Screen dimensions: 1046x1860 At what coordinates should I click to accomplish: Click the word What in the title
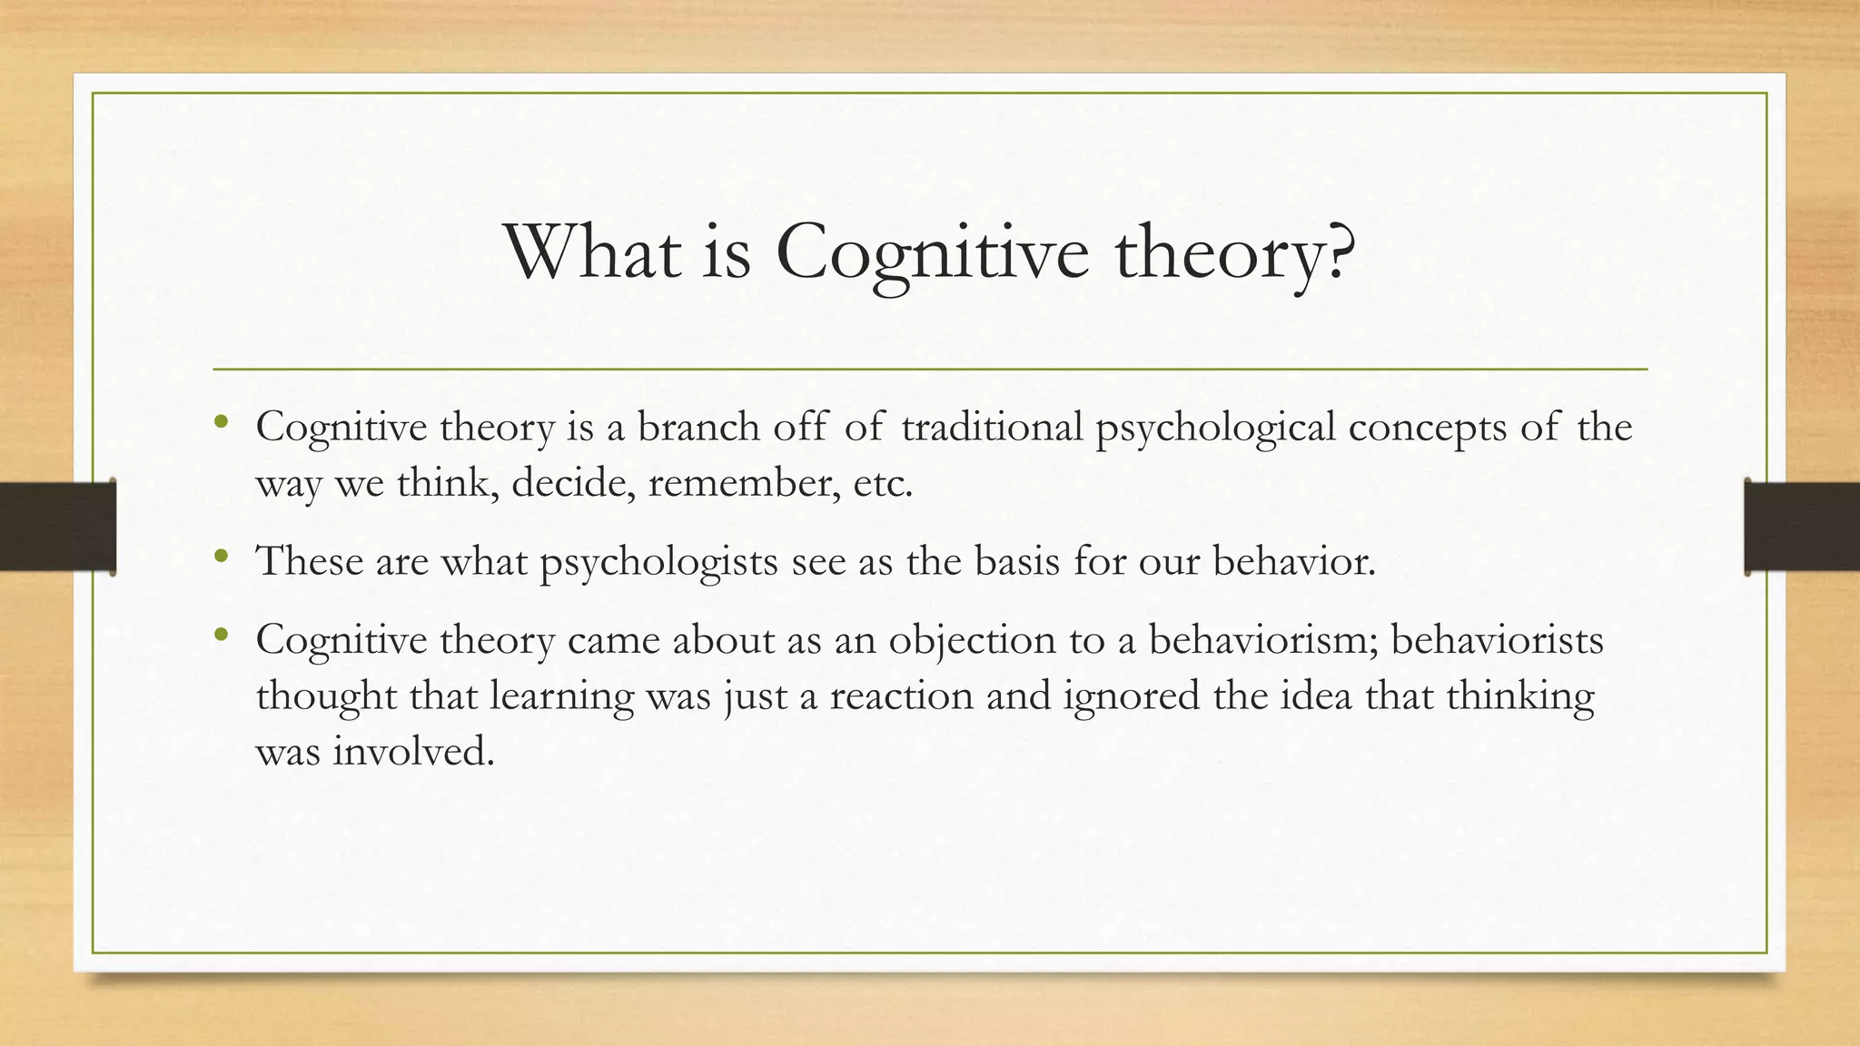click(x=592, y=252)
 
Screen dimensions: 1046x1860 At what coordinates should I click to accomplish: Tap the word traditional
click(x=992, y=427)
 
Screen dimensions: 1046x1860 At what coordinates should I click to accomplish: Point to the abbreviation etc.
click(x=883, y=483)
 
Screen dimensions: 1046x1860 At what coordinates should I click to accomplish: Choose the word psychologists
click(x=658, y=563)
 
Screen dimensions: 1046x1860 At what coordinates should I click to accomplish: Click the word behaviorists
click(x=1497, y=640)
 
